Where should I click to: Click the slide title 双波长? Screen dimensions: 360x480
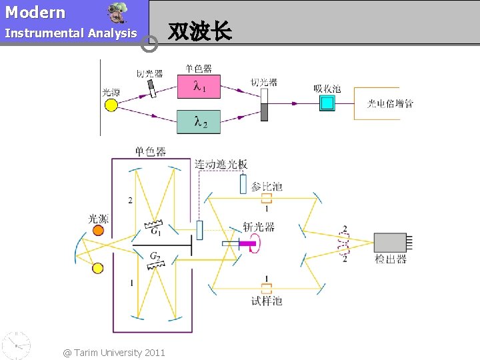(200, 31)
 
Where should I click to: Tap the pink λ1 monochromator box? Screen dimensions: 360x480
(199, 86)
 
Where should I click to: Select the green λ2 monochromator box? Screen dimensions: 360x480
(199, 121)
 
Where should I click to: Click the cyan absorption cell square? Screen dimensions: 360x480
(327, 103)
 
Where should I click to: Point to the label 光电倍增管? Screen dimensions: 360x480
(390, 103)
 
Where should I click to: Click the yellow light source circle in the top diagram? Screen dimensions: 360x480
(111, 105)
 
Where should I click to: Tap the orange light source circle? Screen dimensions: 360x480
(98, 231)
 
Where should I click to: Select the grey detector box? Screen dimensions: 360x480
(390, 243)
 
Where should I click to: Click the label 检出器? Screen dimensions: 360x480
(391, 259)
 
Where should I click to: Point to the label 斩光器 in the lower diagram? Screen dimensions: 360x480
(259, 227)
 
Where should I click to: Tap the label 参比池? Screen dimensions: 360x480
(267, 186)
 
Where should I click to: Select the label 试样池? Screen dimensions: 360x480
(267, 301)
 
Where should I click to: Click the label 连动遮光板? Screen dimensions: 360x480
(221, 164)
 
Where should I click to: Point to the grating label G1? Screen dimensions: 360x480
(155, 232)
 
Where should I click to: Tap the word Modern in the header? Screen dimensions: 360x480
(35, 12)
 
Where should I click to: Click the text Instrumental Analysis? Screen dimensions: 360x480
(71, 33)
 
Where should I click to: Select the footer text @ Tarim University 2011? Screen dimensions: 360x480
(114, 352)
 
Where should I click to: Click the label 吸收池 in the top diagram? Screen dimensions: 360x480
(327, 89)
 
